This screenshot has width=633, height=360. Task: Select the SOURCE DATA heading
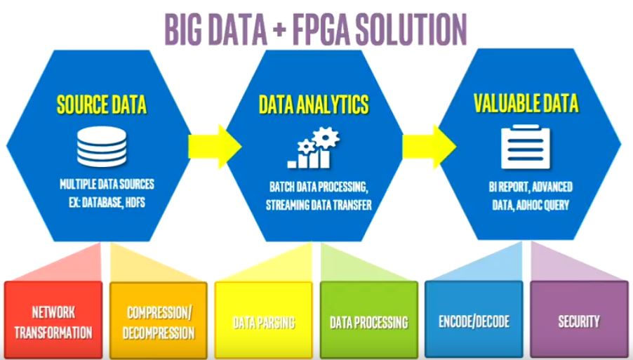pos(102,106)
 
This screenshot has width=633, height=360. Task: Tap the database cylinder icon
pos(102,148)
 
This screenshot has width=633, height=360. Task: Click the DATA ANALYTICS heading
pos(313,106)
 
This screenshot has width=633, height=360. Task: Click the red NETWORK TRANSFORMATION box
pos(53,321)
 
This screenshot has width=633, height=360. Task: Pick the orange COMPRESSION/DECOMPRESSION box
pos(159,321)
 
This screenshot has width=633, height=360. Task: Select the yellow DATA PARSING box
pos(264,322)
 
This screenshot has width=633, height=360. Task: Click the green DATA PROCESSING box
pos(368,322)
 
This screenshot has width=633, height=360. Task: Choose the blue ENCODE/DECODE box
pos(474,322)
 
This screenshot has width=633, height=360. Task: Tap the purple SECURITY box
pos(579,321)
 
